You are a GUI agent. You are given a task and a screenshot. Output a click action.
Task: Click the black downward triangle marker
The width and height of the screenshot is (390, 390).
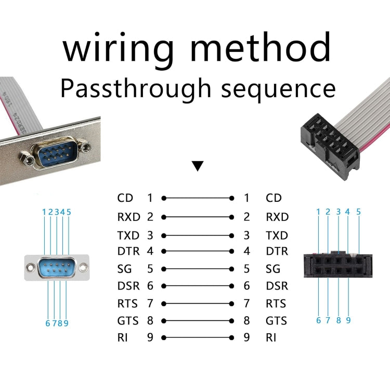coord(197,166)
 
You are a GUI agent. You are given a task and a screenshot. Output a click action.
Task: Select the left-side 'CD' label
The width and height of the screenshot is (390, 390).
coord(125,198)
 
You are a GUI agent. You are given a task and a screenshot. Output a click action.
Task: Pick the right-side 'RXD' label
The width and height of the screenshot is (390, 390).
coord(277,217)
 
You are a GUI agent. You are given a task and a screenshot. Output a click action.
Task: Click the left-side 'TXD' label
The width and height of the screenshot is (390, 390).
coord(129,236)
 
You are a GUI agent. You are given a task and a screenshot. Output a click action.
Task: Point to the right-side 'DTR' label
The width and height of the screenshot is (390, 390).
coord(277,252)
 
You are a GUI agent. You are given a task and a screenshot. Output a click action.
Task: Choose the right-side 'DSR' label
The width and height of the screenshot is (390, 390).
coord(277,286)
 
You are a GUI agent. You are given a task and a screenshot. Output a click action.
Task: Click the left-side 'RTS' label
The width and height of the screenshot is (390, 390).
coord(128,303)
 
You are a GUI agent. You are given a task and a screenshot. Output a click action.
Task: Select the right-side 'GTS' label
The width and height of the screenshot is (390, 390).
coord(277,321)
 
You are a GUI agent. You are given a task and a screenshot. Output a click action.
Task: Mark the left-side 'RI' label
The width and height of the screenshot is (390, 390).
coord(123,337)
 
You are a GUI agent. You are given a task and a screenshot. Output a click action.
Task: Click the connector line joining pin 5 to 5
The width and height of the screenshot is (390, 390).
coord(198,269)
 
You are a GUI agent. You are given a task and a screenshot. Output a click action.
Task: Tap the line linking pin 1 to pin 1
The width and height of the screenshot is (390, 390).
coord(198,198)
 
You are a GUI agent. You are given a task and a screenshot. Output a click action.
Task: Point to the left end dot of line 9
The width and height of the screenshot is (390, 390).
coord(164,337)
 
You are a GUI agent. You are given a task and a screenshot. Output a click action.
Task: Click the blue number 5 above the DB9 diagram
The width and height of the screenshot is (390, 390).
coord(69,212)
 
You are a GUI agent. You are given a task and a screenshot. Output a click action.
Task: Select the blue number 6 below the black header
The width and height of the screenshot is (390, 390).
coord(318,320)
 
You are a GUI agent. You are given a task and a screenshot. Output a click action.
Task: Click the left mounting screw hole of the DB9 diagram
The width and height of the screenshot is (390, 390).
coord(32,268)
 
